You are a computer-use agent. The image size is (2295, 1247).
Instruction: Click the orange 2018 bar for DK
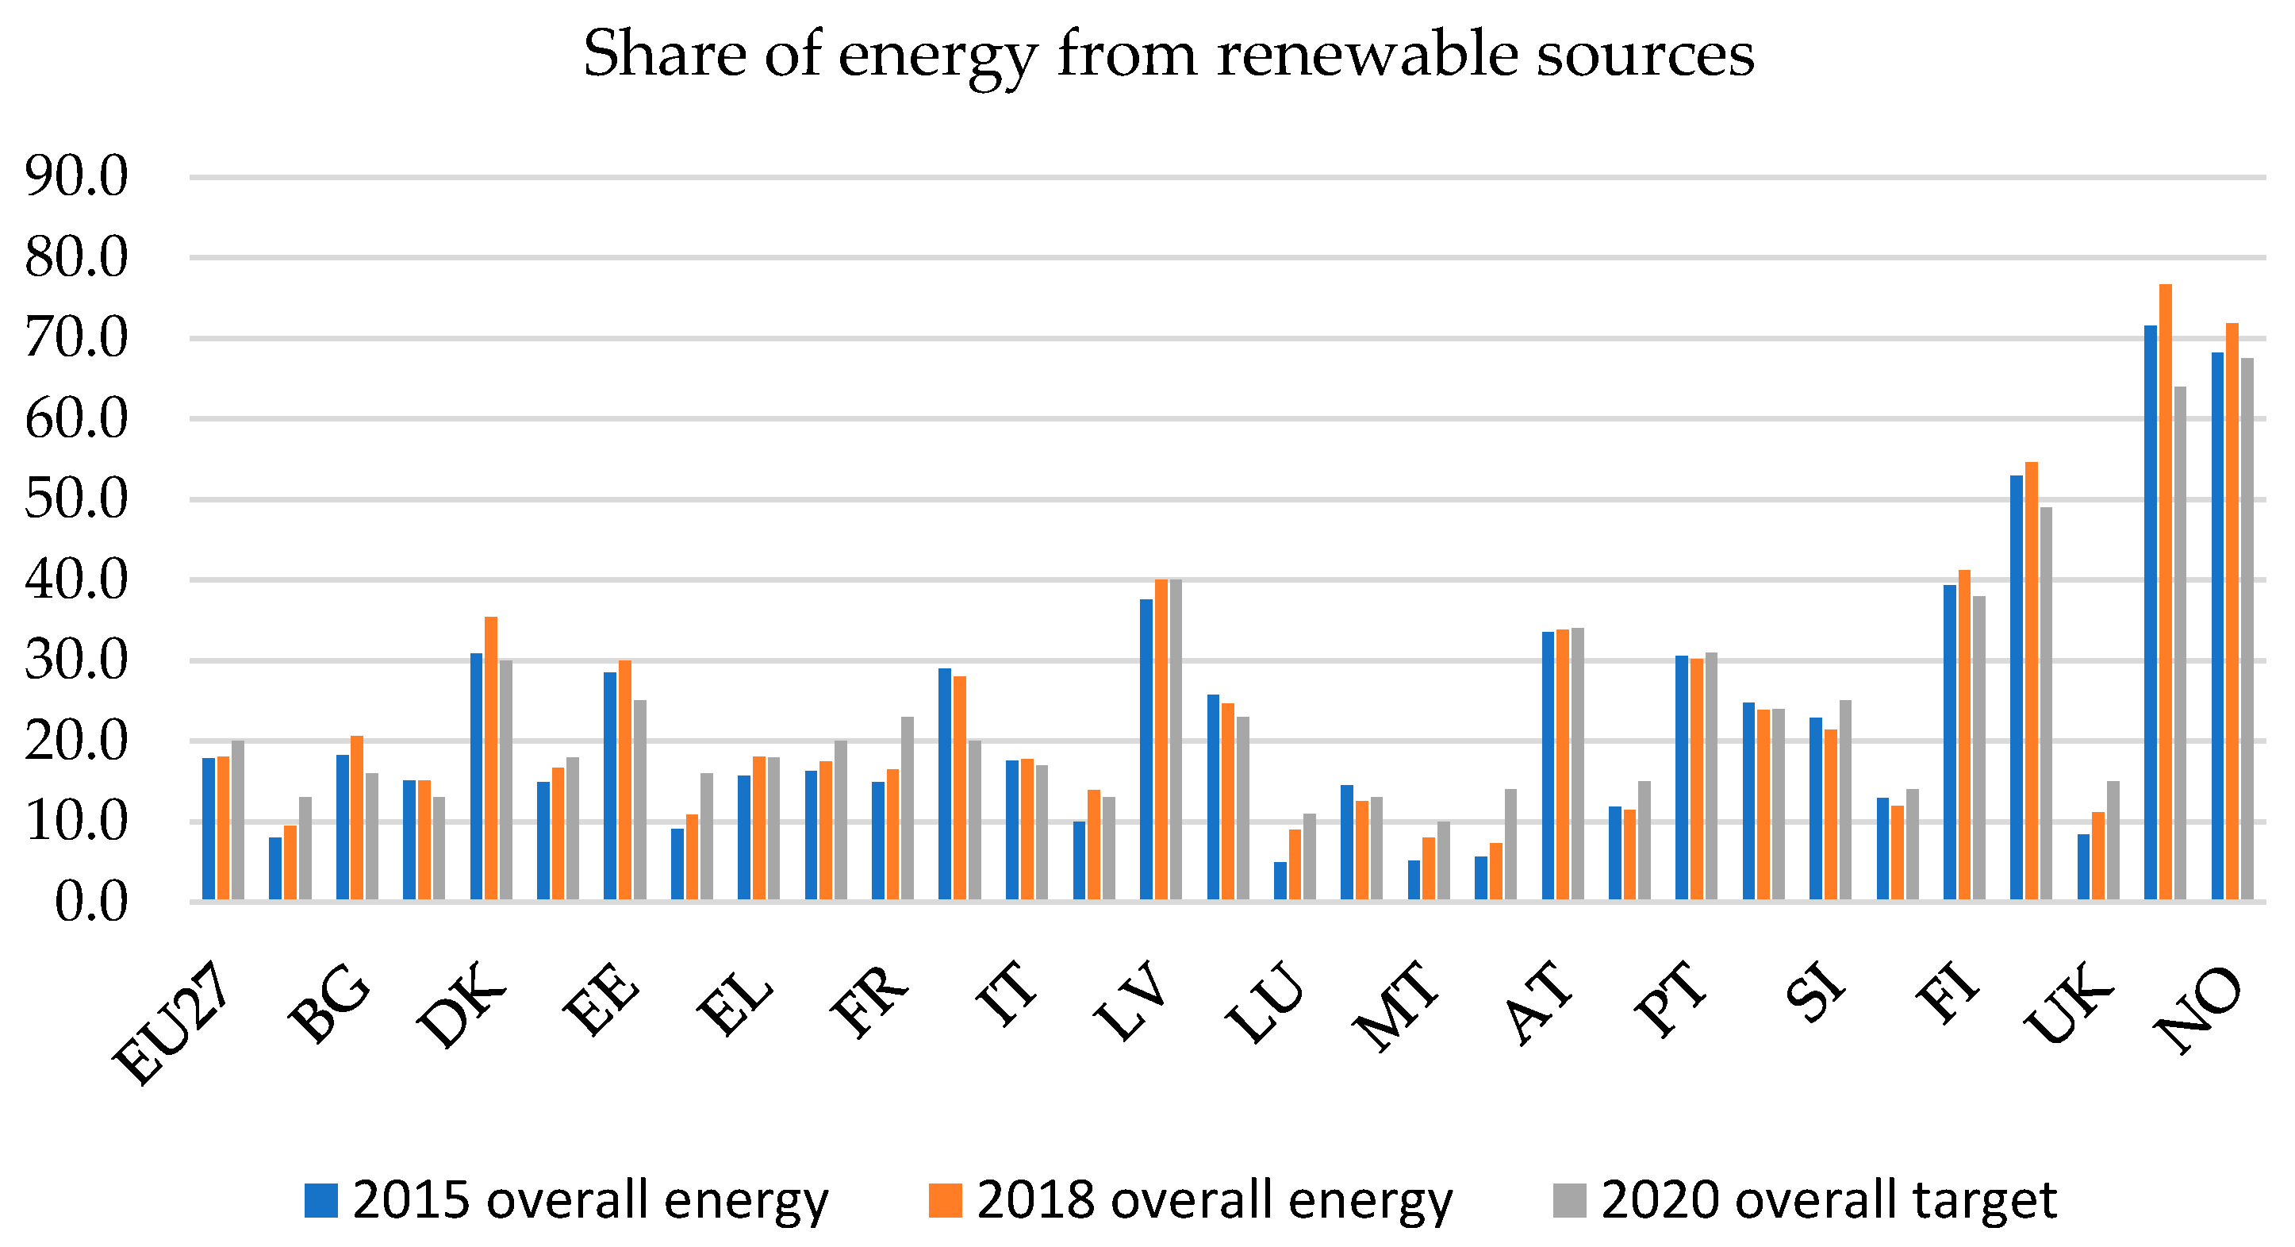pos(491,758)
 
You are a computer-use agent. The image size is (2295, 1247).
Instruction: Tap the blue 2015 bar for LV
pos(1146,749)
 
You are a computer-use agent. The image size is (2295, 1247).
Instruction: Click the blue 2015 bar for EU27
pos(209,828)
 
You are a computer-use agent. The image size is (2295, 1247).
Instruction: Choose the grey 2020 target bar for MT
pos(1444,860)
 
